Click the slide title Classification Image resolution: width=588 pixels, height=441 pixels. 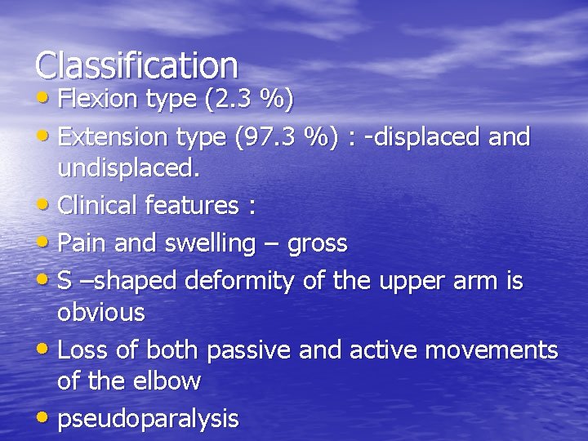click(136, 65)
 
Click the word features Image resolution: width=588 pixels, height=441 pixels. click(192, 206)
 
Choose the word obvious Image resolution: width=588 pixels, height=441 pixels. click(100, 312)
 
